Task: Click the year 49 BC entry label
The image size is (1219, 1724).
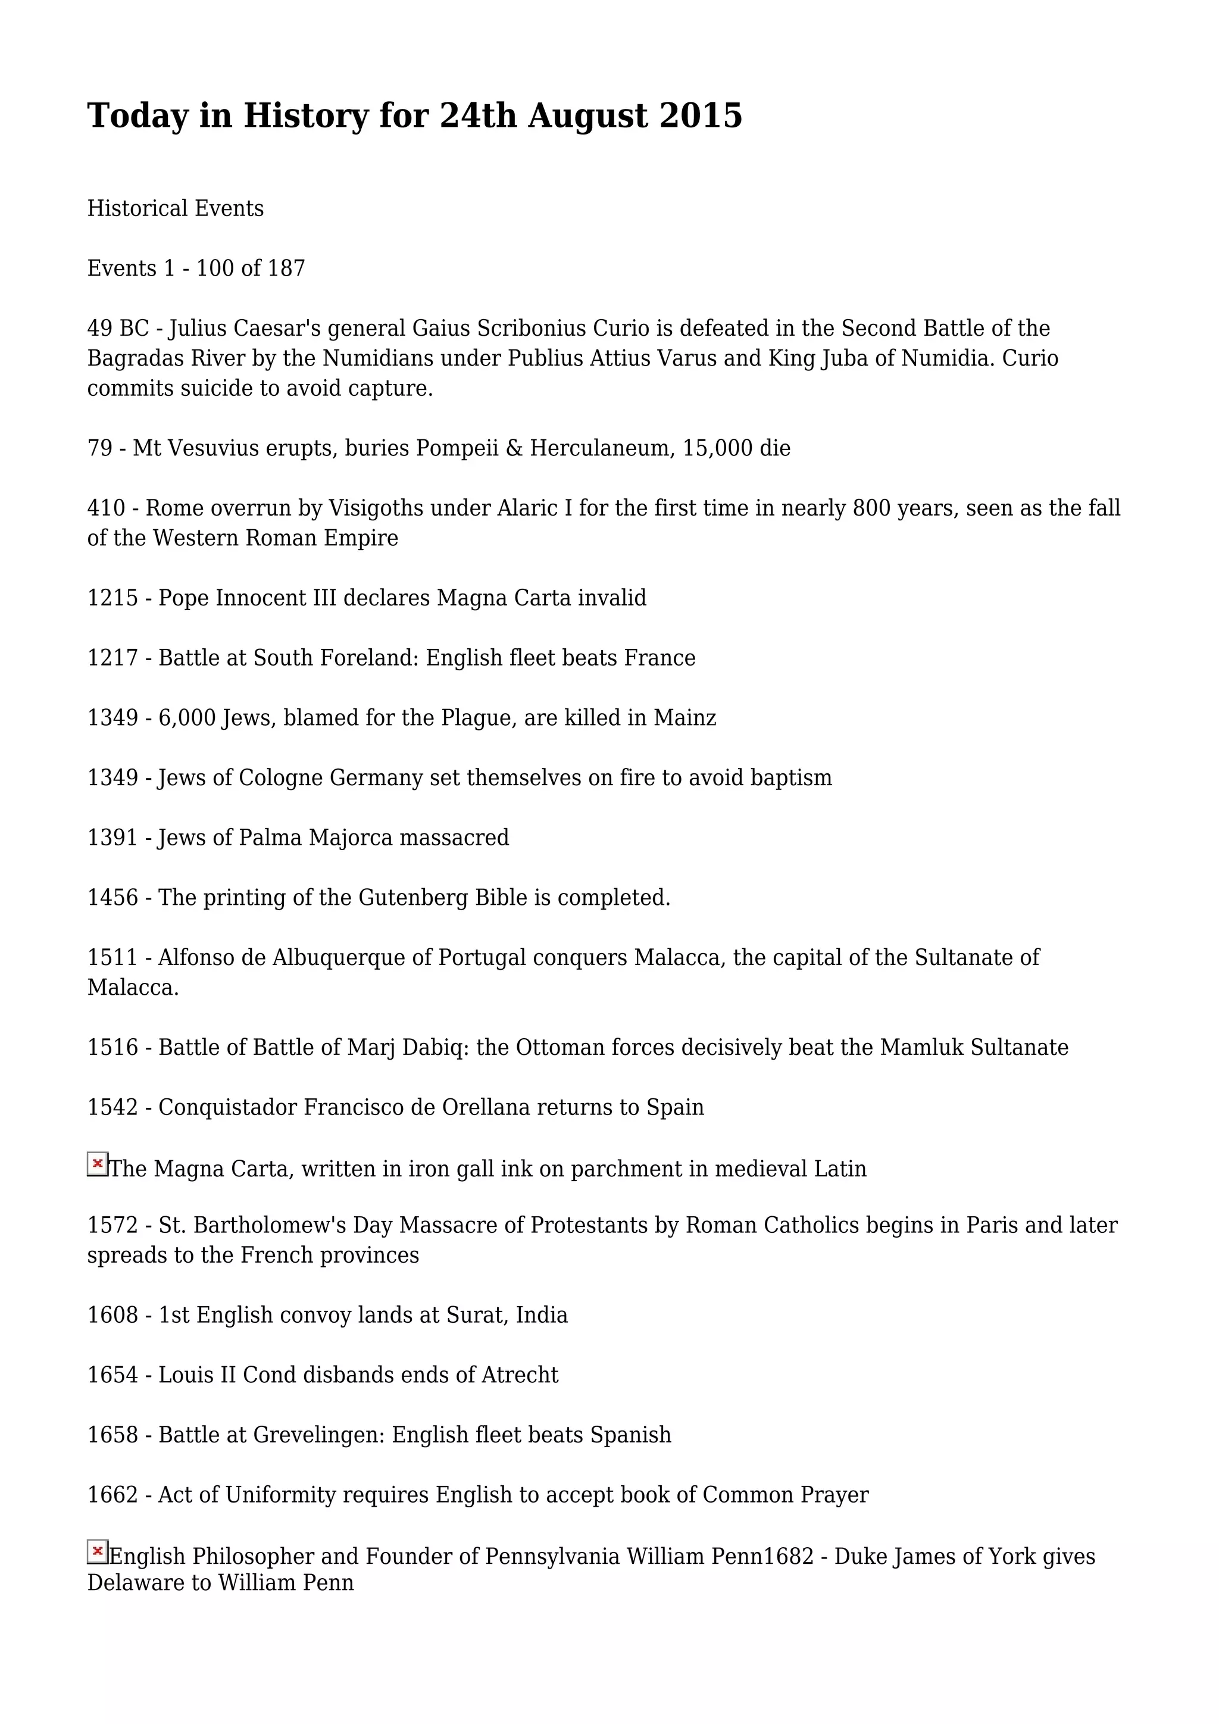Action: (118, 328)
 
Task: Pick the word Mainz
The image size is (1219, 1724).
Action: (684, 718)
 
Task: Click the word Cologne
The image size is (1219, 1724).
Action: (281, 778)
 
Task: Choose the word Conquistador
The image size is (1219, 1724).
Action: (227, 1107)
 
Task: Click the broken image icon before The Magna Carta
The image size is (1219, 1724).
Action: (98, 1164)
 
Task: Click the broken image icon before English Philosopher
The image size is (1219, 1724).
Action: (98, 1551)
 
